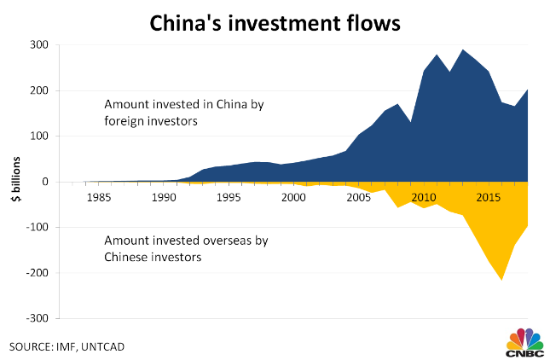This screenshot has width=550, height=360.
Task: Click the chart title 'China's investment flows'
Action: pos(275,22)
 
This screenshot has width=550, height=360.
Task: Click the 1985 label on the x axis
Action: pos(98,199)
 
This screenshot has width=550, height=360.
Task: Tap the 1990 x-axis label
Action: pos(163,199)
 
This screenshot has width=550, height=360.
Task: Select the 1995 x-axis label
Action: pos(229,199)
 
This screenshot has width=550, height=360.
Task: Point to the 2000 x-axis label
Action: pos(293,199)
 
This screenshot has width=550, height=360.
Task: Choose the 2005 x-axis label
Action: pos(358,199)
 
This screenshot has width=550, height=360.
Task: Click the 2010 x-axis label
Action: pos(423,199)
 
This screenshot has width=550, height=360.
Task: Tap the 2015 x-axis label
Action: pos(488,199)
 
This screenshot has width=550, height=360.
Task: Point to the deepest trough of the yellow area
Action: pos(501,279)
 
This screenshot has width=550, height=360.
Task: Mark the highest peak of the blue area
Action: pos(463,50)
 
